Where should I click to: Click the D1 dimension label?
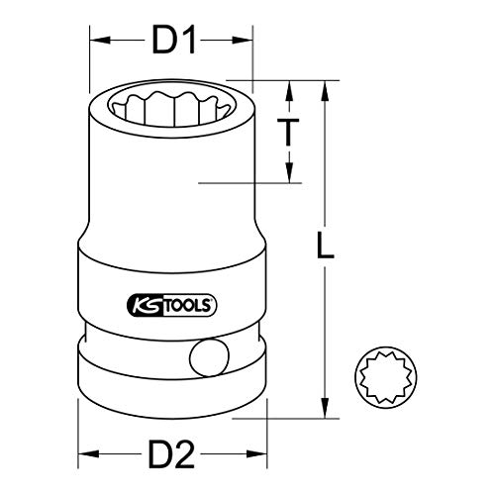coord(174,40)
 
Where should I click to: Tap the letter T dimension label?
coord(288,132)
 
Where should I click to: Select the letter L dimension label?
coord(325,245)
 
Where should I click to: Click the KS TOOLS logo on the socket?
coord(171,305)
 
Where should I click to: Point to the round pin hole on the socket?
coord(209,357)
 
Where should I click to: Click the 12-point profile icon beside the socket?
coord(386,377)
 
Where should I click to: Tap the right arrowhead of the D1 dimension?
coord(243,41)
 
